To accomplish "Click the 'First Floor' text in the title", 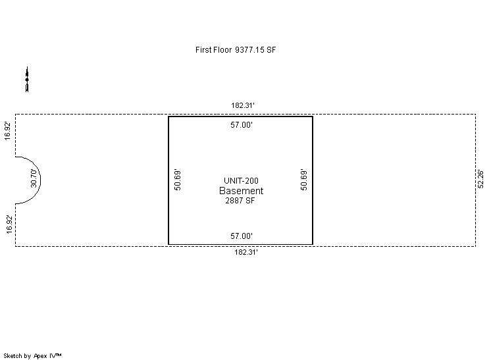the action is pos(213,50).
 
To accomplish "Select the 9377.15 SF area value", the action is pos(255,50).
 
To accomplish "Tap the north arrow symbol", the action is pos(27,80).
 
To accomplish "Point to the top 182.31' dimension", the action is pos(243,105).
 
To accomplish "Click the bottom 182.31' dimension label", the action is pos(245,252).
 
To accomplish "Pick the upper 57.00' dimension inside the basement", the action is pos(242,125).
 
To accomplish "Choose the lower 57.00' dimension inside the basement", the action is pos(242,236).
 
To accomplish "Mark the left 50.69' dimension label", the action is pos(178,180).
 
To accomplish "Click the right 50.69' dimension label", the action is pos(303,180).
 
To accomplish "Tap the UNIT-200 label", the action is pos(241,180).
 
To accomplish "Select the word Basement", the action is pos(241,191).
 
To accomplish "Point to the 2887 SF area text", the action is pos(240,201).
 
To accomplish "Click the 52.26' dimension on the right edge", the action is pos(480,179).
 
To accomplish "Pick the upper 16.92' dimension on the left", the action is pos(7,131).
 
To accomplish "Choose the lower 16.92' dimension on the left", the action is pos(9,224).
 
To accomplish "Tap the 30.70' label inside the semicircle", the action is pos(34,178).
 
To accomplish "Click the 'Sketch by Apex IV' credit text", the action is pos(32,356).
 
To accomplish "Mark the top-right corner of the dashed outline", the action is pos(476,115).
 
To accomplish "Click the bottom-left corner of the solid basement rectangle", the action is pos(168,244).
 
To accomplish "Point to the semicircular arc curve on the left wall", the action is pos(41,180).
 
